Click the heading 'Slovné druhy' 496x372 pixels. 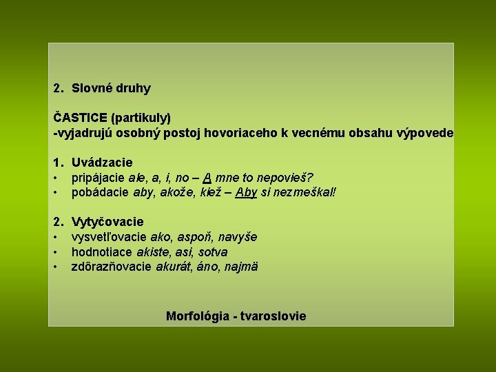[x=111, y=88]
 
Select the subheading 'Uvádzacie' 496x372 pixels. [x=102, y=163]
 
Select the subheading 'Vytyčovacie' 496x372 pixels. [x=107, y=222]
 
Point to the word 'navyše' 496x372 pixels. [x=238, y=237]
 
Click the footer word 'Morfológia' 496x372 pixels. [x=198, y=316]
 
